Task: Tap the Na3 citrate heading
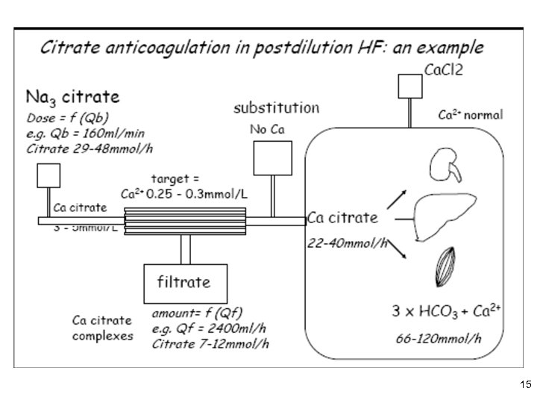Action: [x=73, y=98]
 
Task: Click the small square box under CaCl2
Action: [x=409, y=86]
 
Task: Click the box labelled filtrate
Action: [x=182, y=283]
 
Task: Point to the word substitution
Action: [x=276, y=107]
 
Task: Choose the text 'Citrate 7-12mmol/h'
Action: [x=210, y=343]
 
